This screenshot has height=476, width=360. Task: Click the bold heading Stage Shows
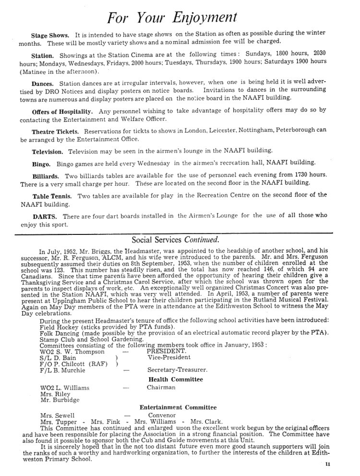tap(50, 36)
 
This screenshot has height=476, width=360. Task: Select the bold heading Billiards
tap(46, 176)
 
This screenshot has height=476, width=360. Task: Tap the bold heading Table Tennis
tap(52, 196)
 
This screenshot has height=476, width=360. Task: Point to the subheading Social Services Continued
tap(175, 239)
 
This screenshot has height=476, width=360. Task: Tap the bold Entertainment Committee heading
tap(178, 407)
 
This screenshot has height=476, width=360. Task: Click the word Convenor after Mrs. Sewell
tap(162, 415)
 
